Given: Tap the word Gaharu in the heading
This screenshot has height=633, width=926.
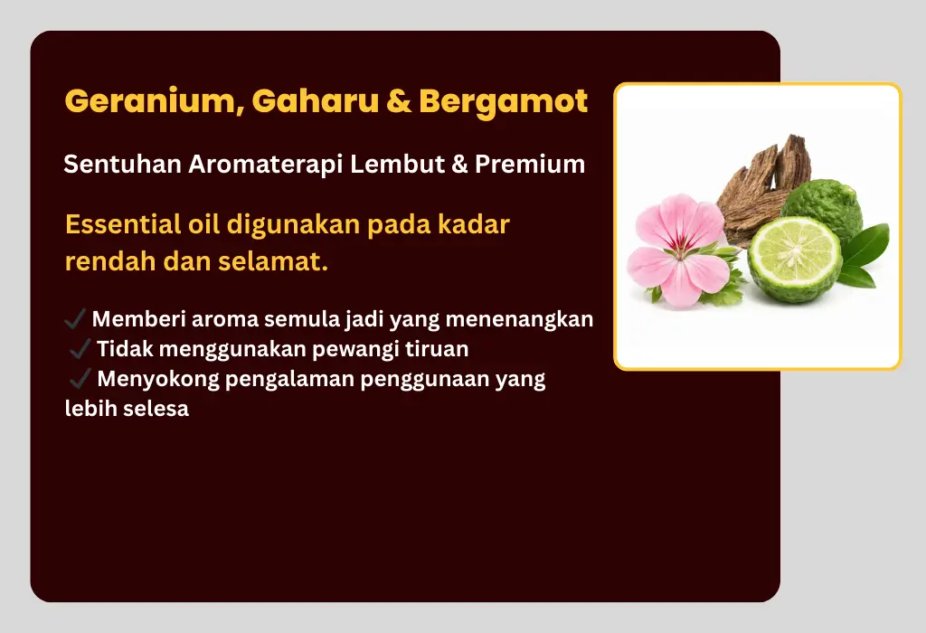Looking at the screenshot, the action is coord(315,100).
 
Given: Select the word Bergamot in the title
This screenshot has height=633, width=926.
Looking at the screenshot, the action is coord(503,101).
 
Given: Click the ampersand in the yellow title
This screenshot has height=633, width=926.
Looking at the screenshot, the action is coord(399,101).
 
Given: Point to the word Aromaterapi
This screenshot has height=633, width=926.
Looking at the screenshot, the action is coord(265,165).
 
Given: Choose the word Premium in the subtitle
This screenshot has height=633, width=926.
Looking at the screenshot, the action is coord(530,164).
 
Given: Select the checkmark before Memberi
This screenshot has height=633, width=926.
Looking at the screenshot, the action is coord(75,319).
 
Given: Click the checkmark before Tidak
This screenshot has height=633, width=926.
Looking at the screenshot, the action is coord(80,348).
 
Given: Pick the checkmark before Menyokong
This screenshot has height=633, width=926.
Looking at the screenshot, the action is coord(80,379).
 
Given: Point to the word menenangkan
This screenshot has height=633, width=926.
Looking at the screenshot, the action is coord(519,319).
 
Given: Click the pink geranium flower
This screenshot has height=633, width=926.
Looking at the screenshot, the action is coord(679,250).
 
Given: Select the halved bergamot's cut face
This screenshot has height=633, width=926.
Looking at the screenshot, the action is coord(794,252).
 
